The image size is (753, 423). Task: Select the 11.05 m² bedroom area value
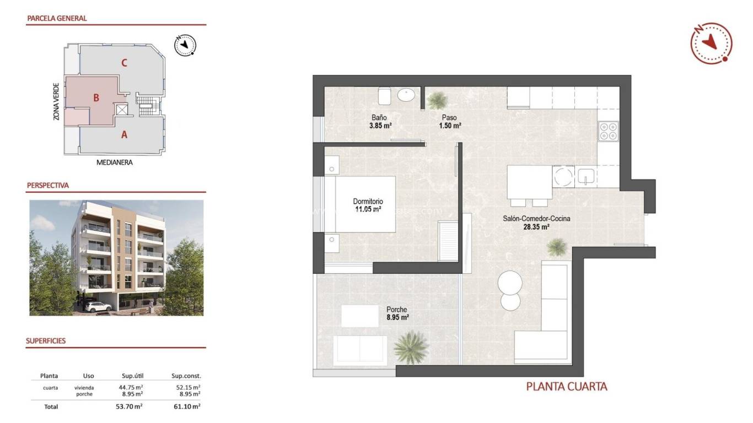coord(368,209)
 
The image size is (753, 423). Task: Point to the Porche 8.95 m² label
coord(397,313)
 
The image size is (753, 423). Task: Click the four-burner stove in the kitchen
coord(608,131)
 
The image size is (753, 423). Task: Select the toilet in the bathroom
coord(385,96)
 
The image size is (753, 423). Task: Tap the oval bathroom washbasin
coord(406,95)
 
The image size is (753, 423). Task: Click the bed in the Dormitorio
coord(359,204)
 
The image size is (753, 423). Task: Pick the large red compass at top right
coord(711,43)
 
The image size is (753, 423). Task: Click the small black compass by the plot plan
coord(185,45)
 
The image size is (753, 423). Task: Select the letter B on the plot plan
coord(96,98)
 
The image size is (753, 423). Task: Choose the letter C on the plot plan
coord(125,63)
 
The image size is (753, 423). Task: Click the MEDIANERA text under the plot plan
coord(115,162)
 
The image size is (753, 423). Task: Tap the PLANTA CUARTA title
coord(567,387)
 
